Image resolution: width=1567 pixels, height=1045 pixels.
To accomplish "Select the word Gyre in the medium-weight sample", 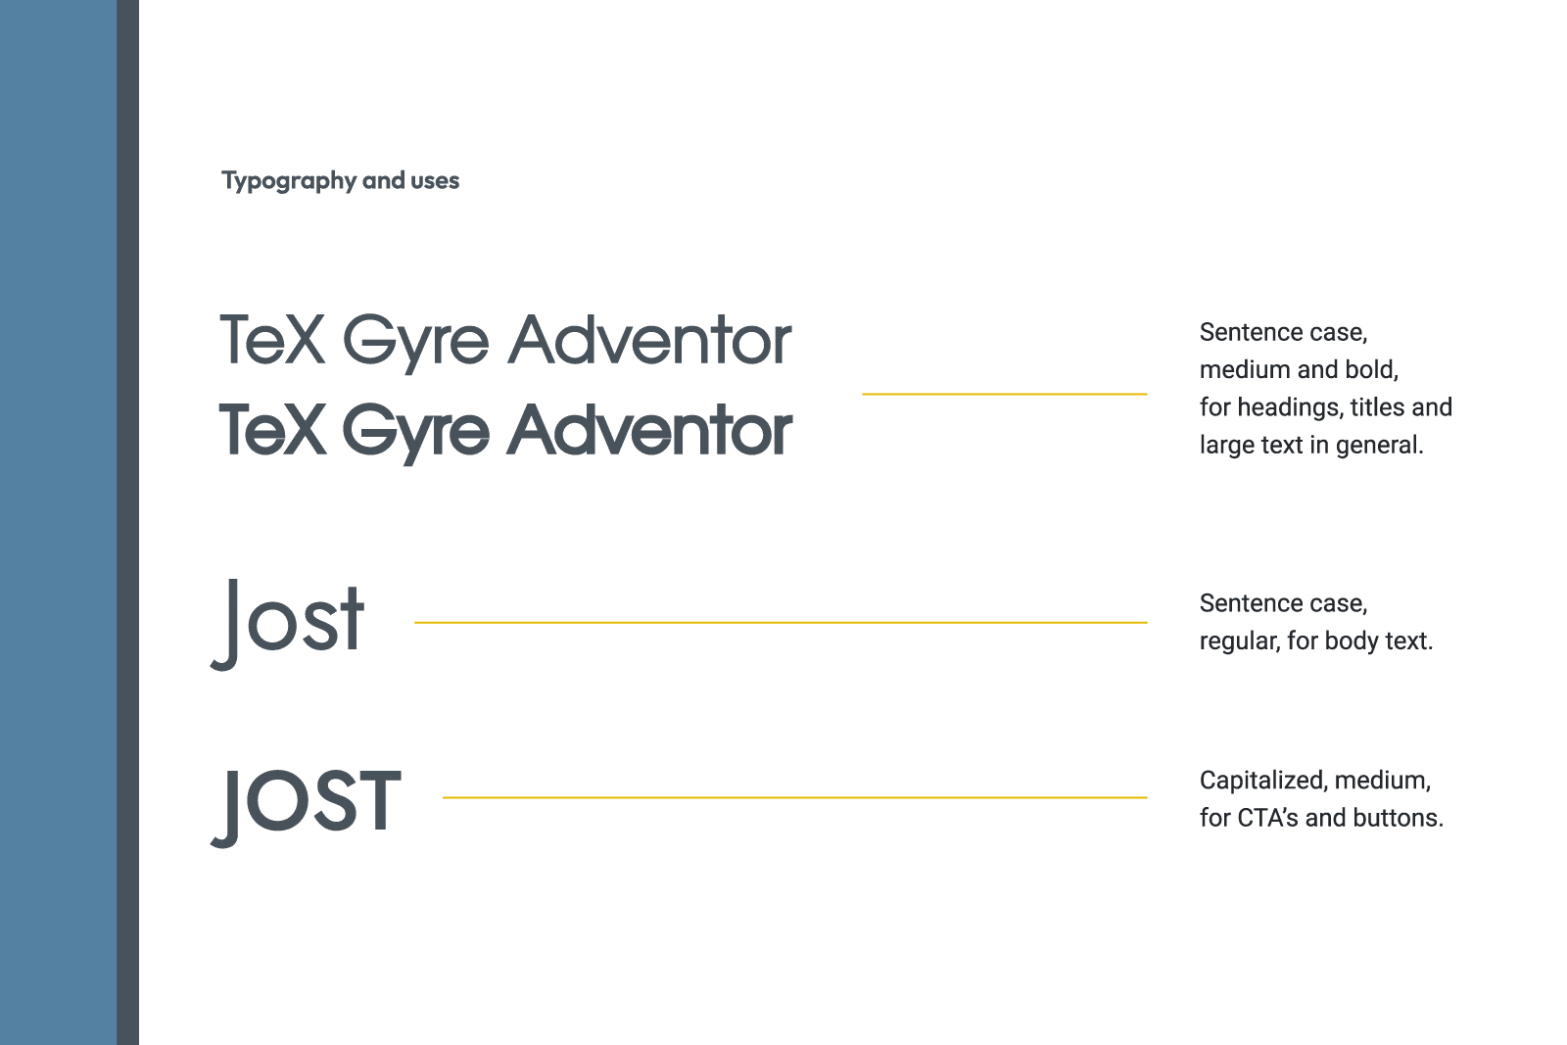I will tap(415, 343).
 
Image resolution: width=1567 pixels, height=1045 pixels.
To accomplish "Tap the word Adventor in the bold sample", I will tap(649, 431).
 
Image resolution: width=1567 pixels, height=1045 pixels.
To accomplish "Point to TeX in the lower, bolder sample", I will tap(271, 430).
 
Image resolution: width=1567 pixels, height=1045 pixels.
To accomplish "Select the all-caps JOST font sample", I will tap(307, 803).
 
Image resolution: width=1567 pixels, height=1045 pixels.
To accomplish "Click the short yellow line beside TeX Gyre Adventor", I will tap(1004, 394).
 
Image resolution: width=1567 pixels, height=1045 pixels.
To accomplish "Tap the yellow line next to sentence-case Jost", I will tap(781, 622).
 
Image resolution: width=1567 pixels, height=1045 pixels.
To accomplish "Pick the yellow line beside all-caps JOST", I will tap(794, 797).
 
